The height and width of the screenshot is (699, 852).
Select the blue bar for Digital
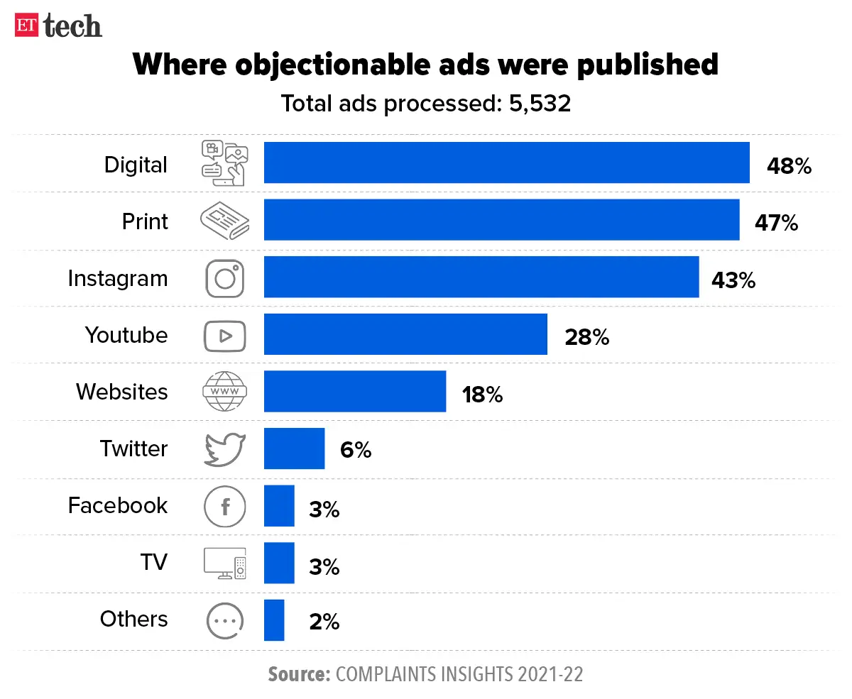click(506, 163)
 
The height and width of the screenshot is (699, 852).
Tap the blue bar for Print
click(501, 220)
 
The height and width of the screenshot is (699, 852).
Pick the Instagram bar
click(481, 277)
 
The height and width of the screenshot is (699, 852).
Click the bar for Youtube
click(405, 334)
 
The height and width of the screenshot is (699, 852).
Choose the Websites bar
click(354, 391)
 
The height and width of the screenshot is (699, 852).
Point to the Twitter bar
click(294, 448)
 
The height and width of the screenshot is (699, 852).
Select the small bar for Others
click(274, 620)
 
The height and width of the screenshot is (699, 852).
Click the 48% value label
click(788, 166)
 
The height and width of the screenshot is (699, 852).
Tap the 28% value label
click(586, 337)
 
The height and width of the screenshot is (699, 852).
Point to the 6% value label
click(355, 451)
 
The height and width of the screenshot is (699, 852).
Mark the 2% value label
click(324, 622)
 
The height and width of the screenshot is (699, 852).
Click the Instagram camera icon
click(225, 277)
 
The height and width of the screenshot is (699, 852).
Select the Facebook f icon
click(224, 507)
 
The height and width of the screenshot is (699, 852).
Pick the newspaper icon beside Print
click(224, 221)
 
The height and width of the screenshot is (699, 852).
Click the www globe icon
click(224, 392)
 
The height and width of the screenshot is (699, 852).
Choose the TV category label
click(153, 562)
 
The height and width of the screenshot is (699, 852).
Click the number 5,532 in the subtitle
click(540, 104)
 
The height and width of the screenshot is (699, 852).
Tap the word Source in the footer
click(298, 673)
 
